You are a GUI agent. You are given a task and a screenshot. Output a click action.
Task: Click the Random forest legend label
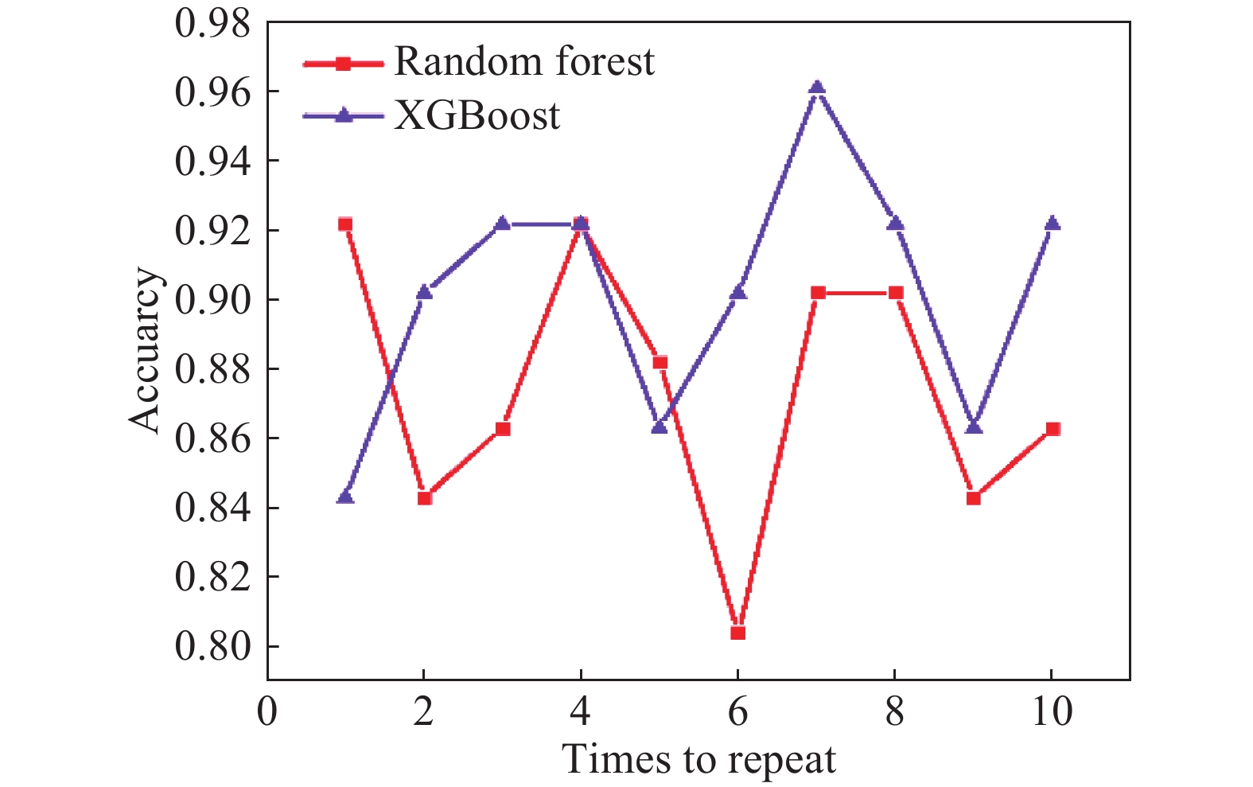524,60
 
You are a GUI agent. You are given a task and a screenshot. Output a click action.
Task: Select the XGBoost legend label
477,116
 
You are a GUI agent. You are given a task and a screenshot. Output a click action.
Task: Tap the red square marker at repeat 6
737,633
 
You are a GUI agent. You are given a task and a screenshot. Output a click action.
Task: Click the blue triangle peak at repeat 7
817,87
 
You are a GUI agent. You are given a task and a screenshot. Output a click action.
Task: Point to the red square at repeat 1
345,224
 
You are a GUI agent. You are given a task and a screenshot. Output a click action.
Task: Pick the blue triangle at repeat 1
346,496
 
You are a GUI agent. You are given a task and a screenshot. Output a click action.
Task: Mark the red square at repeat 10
1053,429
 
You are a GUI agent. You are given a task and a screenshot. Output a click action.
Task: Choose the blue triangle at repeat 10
1053,223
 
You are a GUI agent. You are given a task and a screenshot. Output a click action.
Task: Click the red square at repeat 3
503,429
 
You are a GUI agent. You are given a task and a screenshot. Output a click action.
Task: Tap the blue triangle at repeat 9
974,427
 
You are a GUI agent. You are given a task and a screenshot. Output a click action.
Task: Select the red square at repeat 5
660,362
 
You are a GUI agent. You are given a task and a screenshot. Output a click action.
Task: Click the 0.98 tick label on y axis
212,24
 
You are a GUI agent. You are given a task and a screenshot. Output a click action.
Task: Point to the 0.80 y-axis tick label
212,646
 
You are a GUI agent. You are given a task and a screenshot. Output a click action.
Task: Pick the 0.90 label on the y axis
212,300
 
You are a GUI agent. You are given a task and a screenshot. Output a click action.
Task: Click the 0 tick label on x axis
267,711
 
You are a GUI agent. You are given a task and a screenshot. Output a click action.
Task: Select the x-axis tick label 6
737,711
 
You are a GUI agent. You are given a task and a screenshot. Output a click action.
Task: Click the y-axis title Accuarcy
144,351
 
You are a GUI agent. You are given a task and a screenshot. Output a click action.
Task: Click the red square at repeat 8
896,293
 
